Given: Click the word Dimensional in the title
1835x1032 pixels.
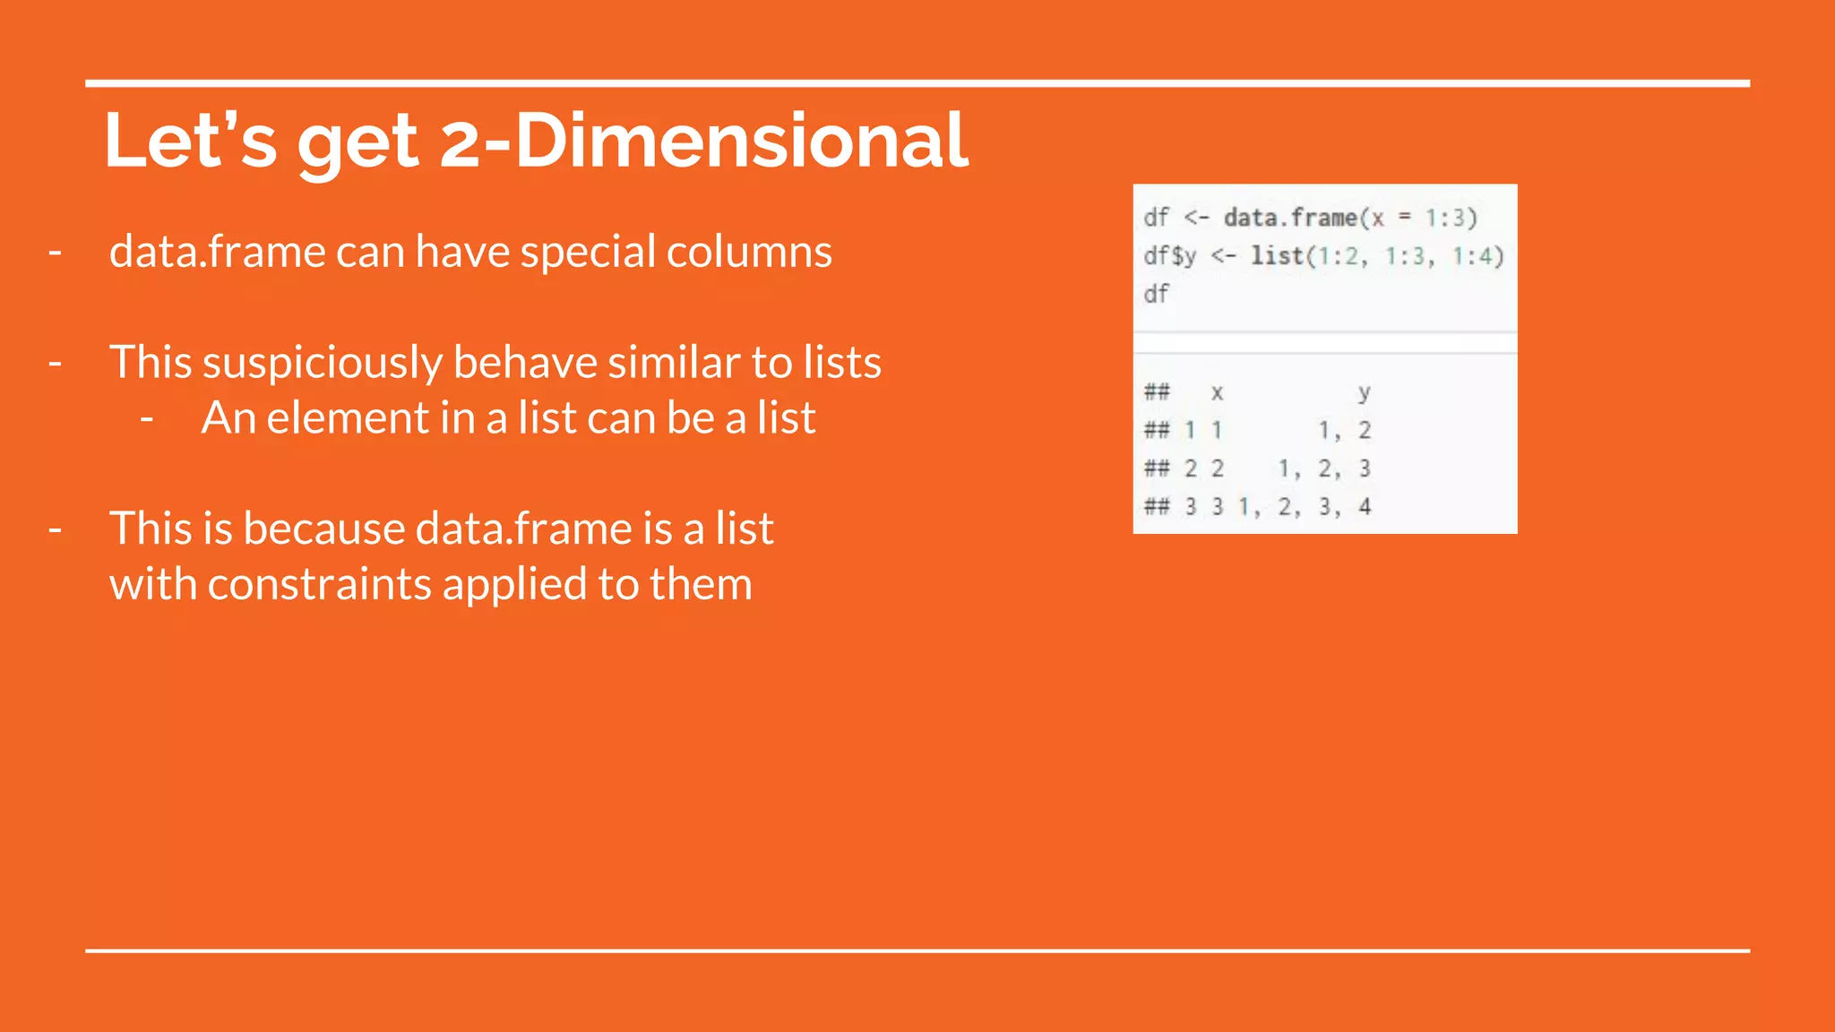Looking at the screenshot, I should (x=742, y=142).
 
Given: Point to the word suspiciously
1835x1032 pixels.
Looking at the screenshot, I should (x=323, y=364).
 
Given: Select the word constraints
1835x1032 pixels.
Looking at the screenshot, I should (x=320, y=585).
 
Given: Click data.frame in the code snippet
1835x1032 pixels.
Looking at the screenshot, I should (x=1290, y=218).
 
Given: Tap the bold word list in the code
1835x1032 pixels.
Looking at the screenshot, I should (x=1277, y=256).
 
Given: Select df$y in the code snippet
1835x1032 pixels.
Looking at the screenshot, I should (x=1169, y=256).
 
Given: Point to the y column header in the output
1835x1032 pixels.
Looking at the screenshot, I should (x=1364, y=392).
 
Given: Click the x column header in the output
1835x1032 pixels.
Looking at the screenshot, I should (x=1217, y=392).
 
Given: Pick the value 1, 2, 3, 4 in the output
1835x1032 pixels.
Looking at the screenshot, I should (x=1305, y=507).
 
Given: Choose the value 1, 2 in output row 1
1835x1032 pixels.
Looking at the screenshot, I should (x=1344, y=431).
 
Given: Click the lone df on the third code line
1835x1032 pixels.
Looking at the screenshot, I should (x=1156, y=294).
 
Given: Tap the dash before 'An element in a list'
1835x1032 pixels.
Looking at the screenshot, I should (x=147, y=418).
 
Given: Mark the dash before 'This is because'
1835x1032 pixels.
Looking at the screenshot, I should (x=56, y=529).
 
